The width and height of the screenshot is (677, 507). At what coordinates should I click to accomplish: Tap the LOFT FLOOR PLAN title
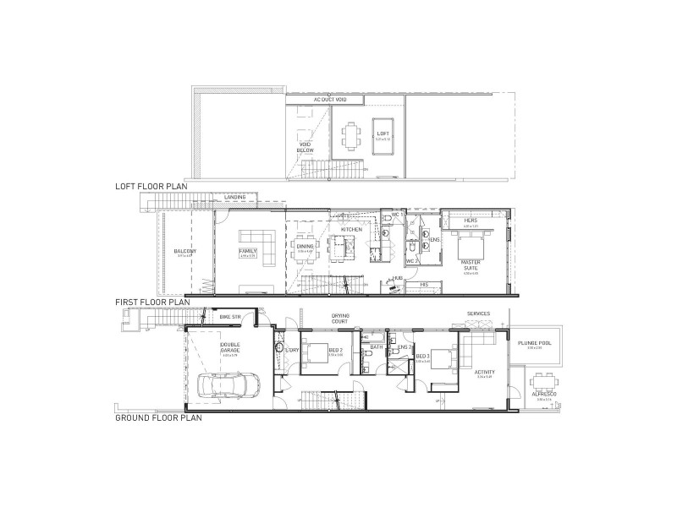pyautogui.click(x=151, y=185)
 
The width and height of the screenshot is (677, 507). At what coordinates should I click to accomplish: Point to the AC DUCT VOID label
pyautogui.click(x=330, y=99)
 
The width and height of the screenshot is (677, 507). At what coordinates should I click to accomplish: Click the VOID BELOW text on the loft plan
pyautogui.click(x=305, y=146)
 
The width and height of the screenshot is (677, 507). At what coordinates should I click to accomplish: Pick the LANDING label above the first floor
pyautogui.click(x=235, y=198)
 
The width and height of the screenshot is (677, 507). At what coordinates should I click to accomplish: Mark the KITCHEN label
pyautogui.click(x=351, y=229)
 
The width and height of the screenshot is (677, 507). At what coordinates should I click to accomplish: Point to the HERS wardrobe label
pyautogui.click(x=472, y=221)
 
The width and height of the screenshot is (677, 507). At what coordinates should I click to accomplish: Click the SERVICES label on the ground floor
pyautogui.click(x=477, y=313)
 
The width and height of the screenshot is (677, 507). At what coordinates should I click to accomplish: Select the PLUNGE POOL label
pyautogui.click(x=533, y=342)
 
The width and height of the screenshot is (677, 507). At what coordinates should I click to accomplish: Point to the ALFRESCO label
pyautogui.click(x=538, y=393)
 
